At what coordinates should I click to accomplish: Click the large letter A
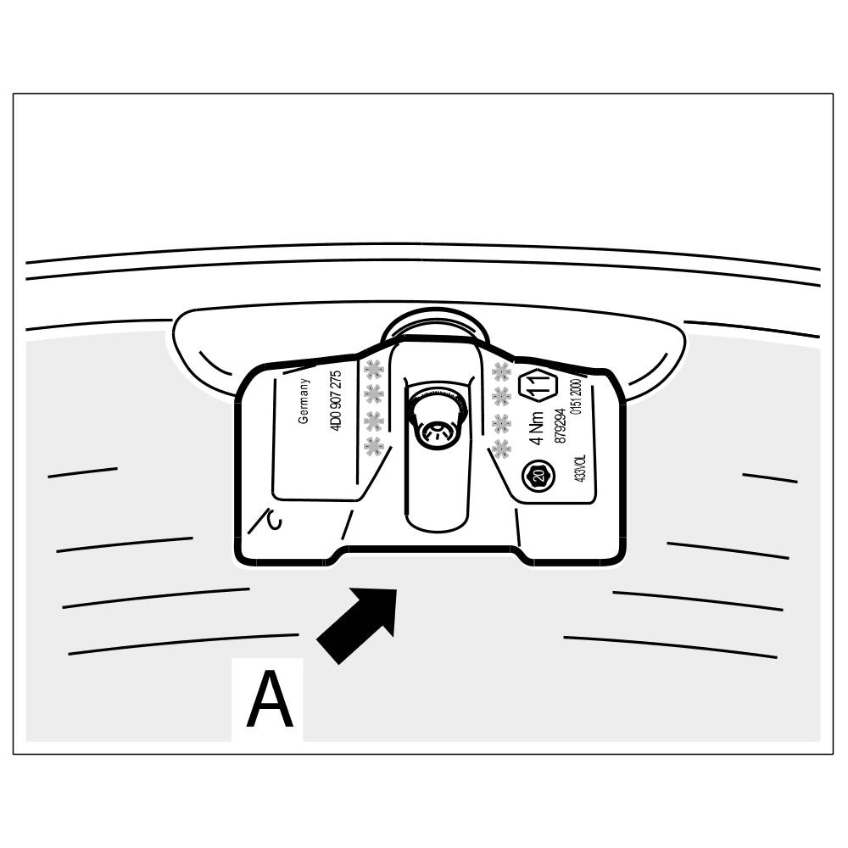click(270, 700)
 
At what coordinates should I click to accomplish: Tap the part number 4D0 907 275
click(336, 402)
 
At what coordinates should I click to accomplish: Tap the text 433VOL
click(581, 468)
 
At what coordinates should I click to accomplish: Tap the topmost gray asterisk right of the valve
click(501, 371)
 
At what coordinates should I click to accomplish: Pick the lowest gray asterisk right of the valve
click(501, 449)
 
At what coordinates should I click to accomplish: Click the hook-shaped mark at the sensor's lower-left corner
click(267, 520)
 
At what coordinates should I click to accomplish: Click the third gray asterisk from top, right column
click(501, 422)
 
